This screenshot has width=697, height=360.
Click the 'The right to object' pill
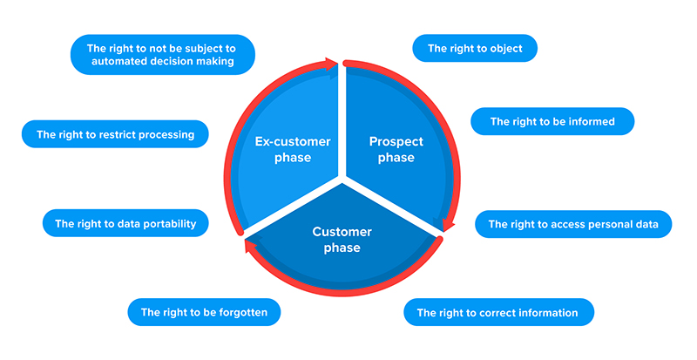tap(475, 48)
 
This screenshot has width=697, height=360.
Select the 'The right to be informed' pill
tap(552, 121)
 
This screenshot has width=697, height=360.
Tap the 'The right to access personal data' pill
tap(573, 224)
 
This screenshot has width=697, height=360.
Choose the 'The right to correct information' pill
tap(498, 312)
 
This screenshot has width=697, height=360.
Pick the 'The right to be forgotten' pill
tap(204, 312)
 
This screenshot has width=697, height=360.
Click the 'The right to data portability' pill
tap(125, 223)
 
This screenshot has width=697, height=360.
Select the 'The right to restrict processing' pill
tap(115, 134)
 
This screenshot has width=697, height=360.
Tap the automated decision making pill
tap(163, 55)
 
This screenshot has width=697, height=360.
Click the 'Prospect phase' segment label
tap(396, 150)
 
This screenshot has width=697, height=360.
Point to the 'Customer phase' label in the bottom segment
tap(342, 240)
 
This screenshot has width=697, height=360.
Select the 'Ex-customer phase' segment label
tap(293, 150)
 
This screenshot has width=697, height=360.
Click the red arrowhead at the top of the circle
tap(331, 65)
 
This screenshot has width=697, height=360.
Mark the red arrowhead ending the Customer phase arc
tap(250, 245)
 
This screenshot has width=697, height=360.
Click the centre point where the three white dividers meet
tap(342, 178)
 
